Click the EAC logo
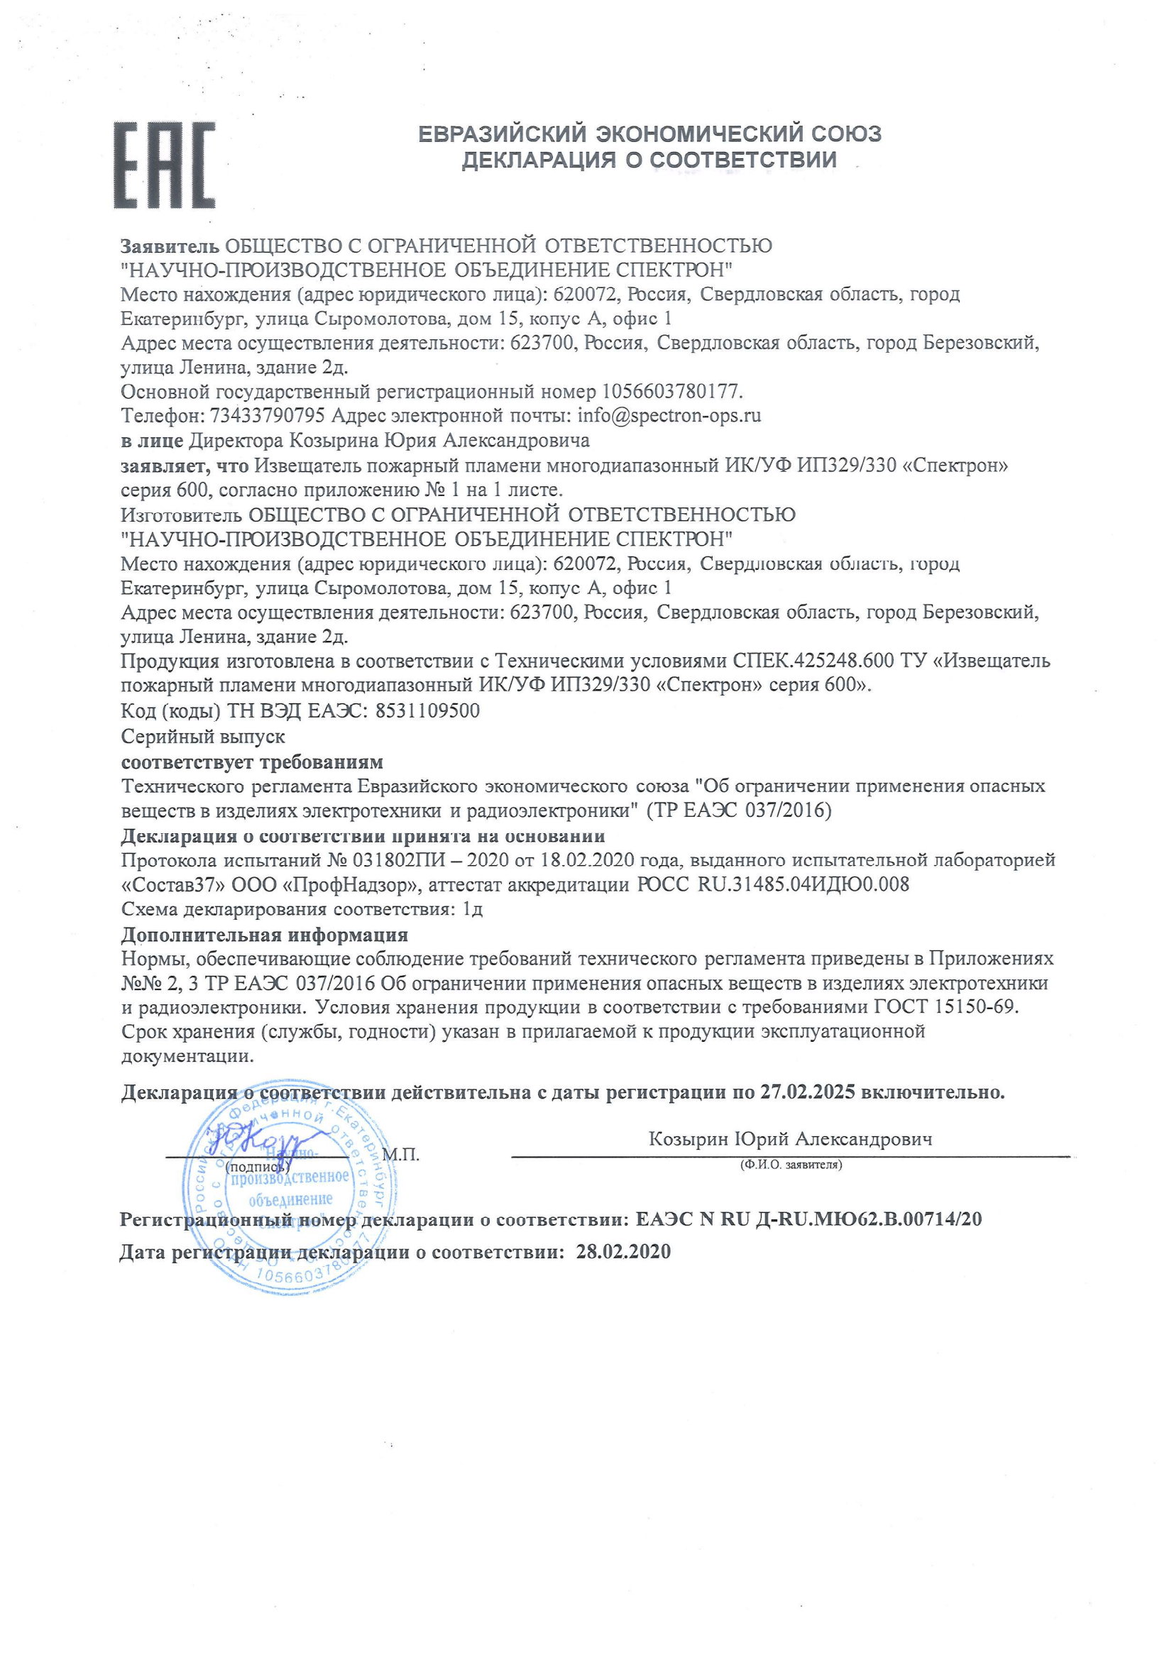[x=164, y=165]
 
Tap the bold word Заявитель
[x=170, y=246]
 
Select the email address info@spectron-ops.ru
[x=669, y=416]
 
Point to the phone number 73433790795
[x=267, y=416]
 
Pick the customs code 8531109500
[x=427, y=710]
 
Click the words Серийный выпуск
[x=203, y=736]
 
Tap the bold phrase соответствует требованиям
[x=251, y=762]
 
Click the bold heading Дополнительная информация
[x=264, y=935]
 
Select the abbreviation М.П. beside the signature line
[x=400, y=1155]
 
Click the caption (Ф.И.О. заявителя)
[x=790, y=1165]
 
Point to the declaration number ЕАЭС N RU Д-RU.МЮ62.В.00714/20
[x=808, y=1220]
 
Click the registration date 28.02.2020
[x=622, y=1251]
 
